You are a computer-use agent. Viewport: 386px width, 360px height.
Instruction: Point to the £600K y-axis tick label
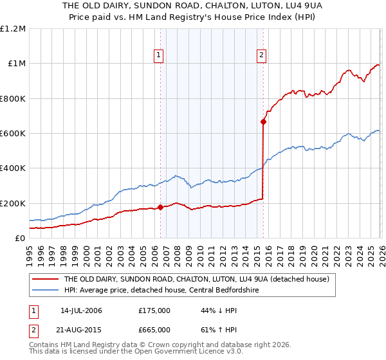[x=13, y=134]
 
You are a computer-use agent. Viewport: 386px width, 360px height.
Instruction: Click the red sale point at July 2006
[x=160, y=207]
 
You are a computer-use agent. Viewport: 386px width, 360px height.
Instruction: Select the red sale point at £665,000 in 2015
[x=264, y=122]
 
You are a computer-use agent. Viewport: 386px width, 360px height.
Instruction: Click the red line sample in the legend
[x=45, y=280]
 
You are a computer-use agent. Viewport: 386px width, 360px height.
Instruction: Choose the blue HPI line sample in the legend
[x=45, y=290]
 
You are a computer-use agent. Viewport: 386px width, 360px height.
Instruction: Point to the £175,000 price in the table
[x=154, y=310]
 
